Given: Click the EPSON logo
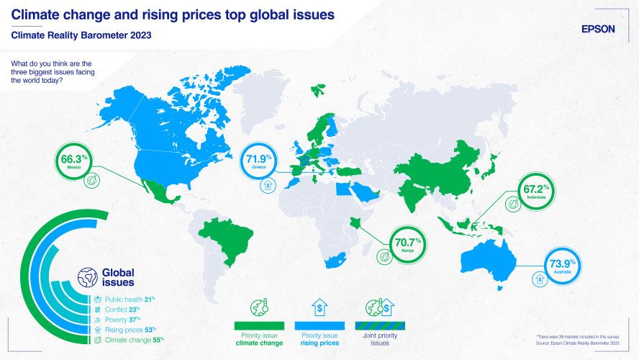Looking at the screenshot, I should coord(598,29).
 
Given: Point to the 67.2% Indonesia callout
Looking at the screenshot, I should coord(530,193).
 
